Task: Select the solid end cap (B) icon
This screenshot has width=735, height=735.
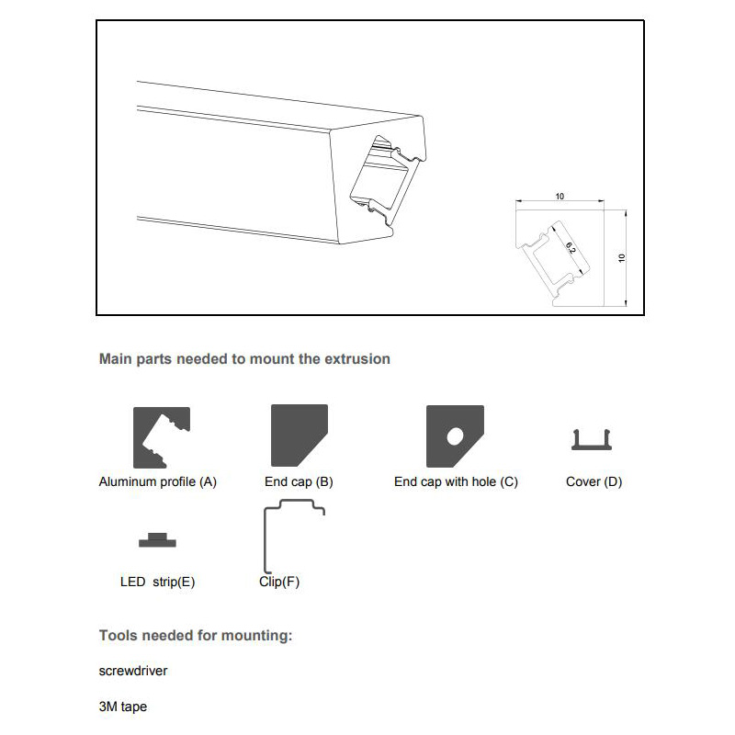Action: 298,436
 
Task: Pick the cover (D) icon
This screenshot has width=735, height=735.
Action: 594,441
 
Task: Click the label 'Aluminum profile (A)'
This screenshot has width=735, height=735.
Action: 157,481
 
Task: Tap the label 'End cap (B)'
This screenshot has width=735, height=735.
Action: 299,481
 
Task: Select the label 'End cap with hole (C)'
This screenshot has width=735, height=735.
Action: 456,481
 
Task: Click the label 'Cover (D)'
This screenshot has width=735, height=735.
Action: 594,481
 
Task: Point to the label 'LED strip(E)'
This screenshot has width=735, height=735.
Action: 157,582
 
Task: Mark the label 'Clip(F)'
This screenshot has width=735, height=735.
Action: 279,582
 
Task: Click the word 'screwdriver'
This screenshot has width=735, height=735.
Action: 133,671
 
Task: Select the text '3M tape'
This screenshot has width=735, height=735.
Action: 122,707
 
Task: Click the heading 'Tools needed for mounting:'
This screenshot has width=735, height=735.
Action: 196,635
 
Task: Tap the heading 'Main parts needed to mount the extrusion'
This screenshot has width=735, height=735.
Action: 244,358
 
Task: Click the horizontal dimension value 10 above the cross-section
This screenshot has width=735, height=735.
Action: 560,196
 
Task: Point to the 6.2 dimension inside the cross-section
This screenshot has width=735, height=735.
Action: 571,247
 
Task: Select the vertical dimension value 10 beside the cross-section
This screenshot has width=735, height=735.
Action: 622,258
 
